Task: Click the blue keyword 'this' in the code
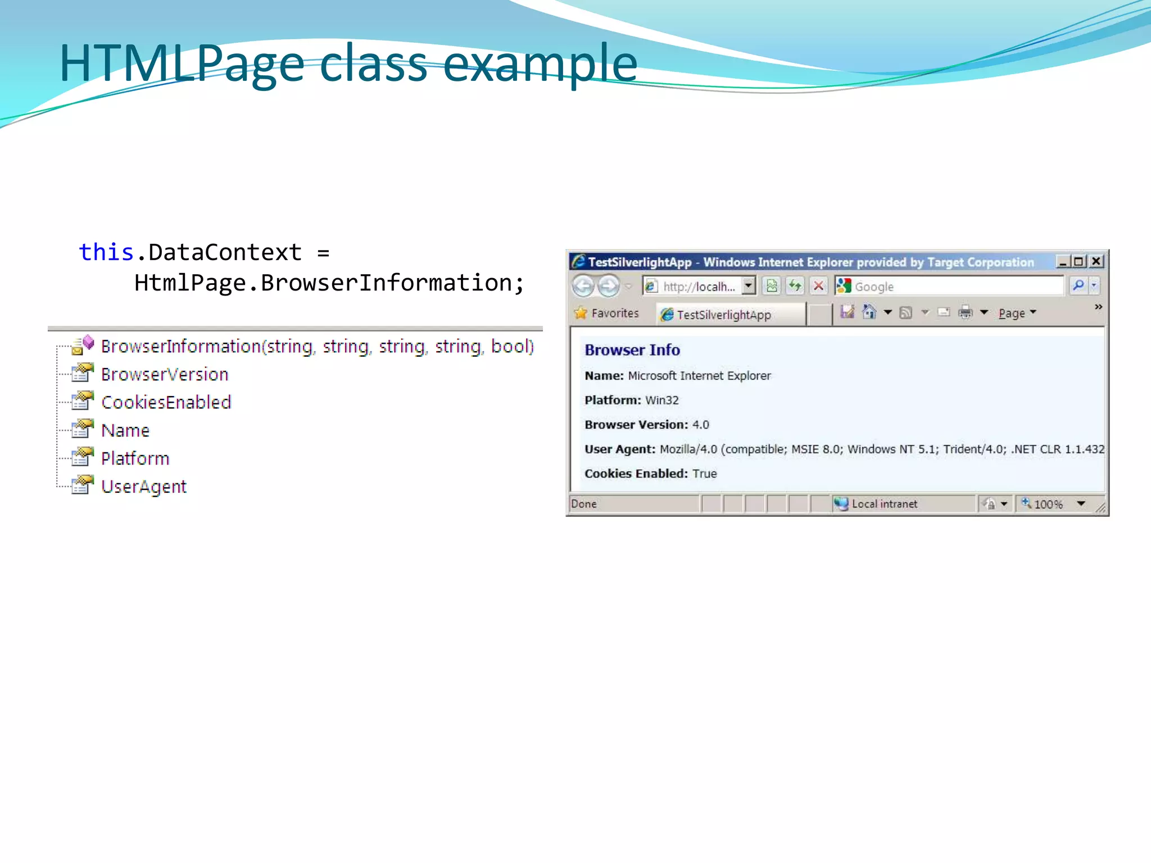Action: tap(106, 252)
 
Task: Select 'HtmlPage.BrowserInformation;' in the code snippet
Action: tap(329, 283)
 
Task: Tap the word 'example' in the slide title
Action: tap(540, 63)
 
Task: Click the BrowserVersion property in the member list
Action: tap(165, 374)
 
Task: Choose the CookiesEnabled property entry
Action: tap(166, 402)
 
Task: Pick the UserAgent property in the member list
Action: tap(143, 487)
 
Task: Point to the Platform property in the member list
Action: tap(135, 458)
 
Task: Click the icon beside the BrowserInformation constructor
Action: tap(83, 345)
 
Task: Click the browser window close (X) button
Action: tap(1096, 261)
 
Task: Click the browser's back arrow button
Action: tap(583, 286)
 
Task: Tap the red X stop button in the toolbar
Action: tap(819, 286)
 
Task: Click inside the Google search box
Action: tap(955, 286)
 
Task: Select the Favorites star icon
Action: tap(581, 313)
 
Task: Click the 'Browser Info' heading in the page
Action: tap(632, 350)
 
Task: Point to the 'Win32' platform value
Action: tap(662, 400)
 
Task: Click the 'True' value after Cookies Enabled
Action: tap(705, 474)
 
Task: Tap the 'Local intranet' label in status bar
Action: tap(884, 504)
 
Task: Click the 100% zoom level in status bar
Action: tap(1048, 504)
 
